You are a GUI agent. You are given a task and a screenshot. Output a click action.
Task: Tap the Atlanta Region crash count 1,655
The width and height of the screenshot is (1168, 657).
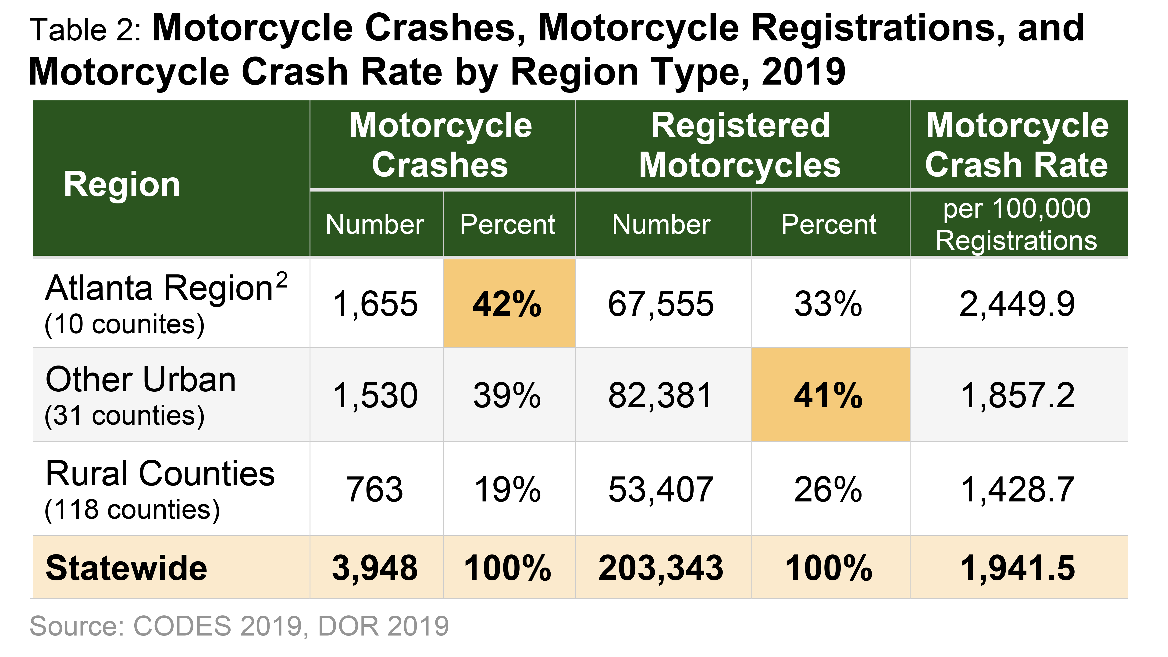[x=375, y=304]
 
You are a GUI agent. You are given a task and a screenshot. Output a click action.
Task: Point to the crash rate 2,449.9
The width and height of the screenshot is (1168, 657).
[x=1017, y=304]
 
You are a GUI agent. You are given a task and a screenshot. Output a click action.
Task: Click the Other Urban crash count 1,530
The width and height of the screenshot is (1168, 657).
[x=375, y=395]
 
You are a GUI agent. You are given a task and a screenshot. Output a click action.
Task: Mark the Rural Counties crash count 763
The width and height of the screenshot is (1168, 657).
[x=375, y=490]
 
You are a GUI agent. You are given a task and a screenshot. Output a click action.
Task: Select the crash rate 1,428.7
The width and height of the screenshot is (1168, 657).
[x=1017, y=490]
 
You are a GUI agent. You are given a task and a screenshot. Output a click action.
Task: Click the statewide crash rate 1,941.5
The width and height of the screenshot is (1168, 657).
[x=1017, y=568]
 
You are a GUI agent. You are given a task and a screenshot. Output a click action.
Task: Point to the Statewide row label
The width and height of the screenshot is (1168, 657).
[x=127, y=568]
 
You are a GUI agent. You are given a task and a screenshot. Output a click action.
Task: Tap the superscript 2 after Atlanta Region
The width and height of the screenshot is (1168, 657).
[x=281, y=280]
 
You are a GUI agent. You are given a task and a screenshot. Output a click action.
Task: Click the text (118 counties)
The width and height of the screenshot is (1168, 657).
[x=132, y=510]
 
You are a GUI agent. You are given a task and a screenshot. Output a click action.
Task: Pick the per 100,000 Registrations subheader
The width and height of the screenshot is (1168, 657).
[x=1017, y=224]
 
